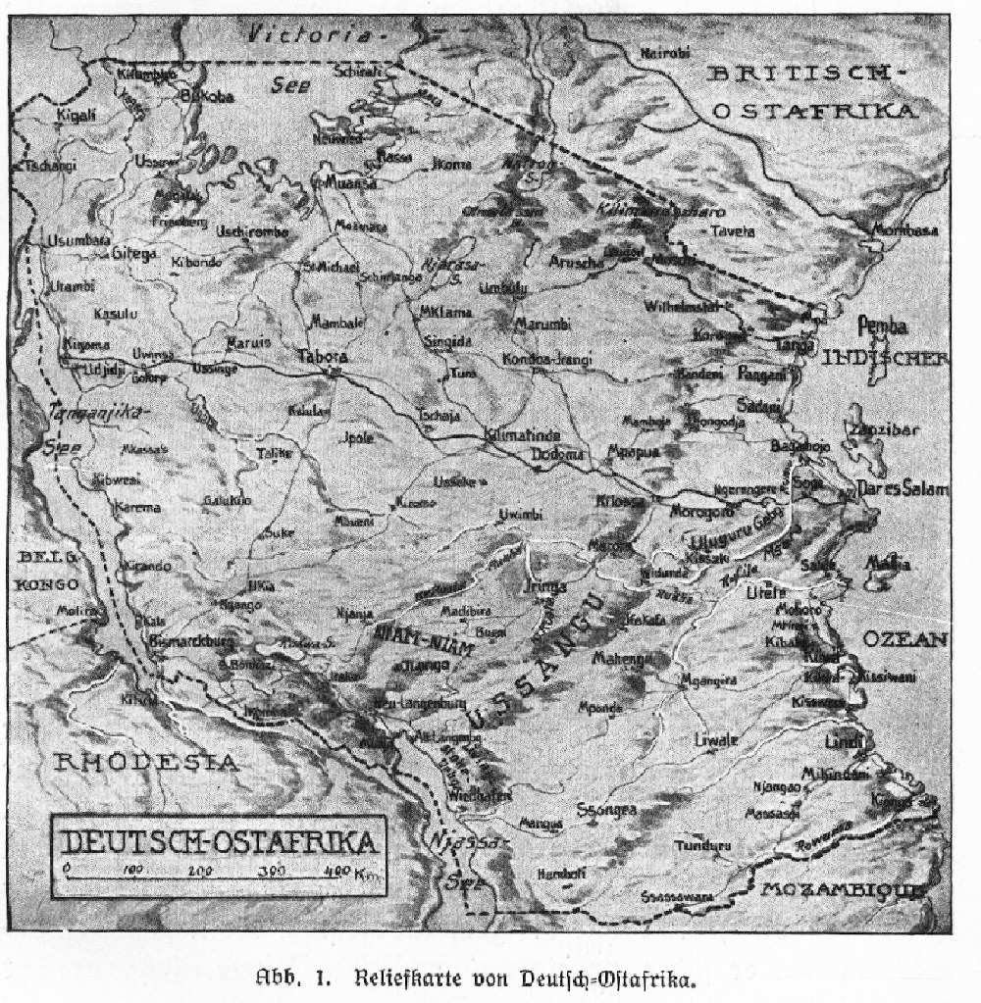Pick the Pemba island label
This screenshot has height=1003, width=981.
(x=882, y=326)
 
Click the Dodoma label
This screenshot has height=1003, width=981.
(x=557, y=454)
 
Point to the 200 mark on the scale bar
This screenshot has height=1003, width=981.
(x=199, y=871)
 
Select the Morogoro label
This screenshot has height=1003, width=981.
(x=702, y=511)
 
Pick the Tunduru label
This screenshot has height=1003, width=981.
(x=701, y=844)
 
